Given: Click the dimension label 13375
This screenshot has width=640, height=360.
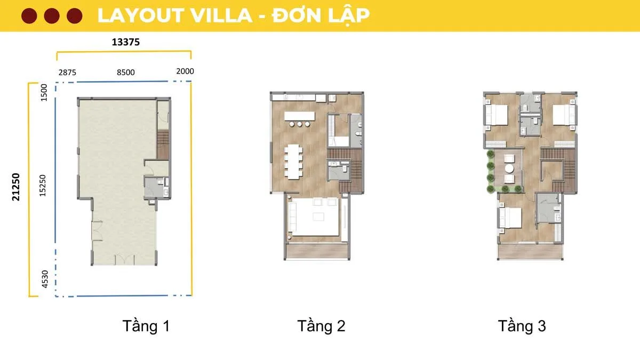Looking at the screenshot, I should (125, 43).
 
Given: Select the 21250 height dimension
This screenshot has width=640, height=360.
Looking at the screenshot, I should (17, 187).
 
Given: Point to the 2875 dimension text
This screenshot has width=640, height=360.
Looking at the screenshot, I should (67, 72).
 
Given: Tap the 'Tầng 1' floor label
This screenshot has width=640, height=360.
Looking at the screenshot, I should (146, 326).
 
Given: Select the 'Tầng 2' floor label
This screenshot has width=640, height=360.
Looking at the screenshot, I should (321, 326).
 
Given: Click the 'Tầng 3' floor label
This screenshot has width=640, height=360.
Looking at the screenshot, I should (522, 326).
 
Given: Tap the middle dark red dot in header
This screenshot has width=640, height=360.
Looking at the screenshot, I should (52, 16).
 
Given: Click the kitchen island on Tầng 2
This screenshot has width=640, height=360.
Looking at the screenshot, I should (301, 116).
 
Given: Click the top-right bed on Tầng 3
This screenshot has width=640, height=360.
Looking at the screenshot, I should (564, 115).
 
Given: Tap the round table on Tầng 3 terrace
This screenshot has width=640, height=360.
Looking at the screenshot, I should (509, 169).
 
